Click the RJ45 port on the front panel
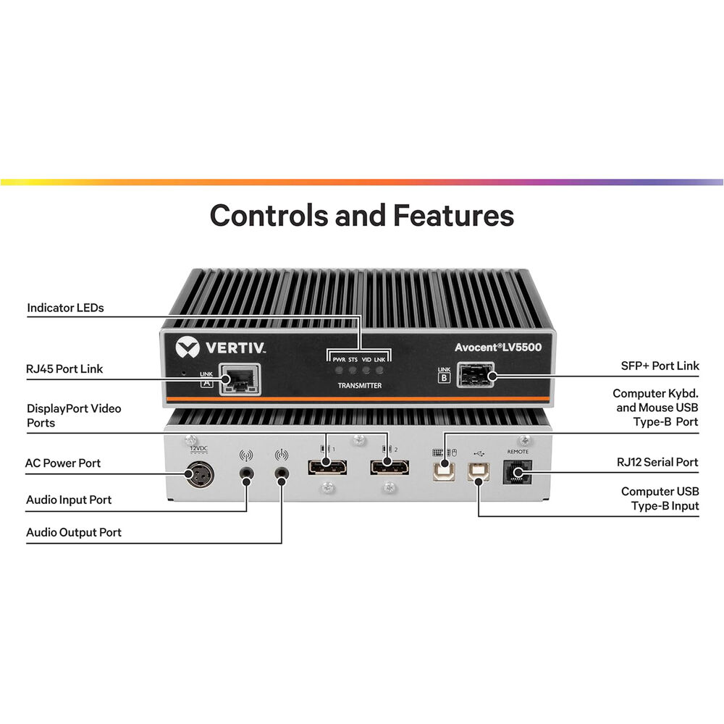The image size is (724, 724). tap(240, 379)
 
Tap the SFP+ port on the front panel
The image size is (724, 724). tap(475, 374)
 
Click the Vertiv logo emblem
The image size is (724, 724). tap(188, 348)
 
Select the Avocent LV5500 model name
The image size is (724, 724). tap(498, 348)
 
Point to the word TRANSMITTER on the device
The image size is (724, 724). tap(360, 386)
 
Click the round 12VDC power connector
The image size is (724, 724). tap(200, 474)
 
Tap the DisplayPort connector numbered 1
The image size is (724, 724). tap(327, 467)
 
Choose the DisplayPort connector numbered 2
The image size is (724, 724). tap(390, 467)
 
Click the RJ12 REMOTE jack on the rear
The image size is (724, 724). tap(517, 472)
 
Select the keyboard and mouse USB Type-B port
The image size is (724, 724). tap(445, 471)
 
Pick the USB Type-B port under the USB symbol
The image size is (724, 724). tap(479, 471)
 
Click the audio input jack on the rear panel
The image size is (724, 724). tap(246, 473)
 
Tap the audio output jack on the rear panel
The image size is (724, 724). tap(281, 473)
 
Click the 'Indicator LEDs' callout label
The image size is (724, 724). tap(66, 308)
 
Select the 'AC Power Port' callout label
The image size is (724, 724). tap(63, 463)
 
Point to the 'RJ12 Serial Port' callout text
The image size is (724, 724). tap(657, 462)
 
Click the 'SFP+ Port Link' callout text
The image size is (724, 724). tap(660, 366)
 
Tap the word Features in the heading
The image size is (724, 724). tap(453, 216)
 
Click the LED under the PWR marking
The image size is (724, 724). tap(339, 370)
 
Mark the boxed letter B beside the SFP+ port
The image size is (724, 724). tap(444, 378)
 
